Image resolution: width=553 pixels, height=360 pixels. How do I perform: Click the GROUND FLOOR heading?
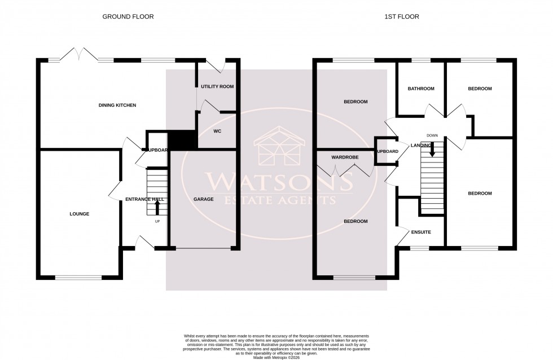[128, 17]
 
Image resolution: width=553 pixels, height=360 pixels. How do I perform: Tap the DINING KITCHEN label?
[117, 106]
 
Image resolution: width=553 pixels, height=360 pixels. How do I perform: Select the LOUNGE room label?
[80, 214]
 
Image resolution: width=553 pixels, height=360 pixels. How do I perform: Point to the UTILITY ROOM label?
[217, 86]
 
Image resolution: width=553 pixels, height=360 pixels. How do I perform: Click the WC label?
[217, 131]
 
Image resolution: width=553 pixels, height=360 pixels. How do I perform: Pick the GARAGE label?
[203, 199]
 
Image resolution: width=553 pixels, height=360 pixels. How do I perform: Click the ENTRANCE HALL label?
[144, 199]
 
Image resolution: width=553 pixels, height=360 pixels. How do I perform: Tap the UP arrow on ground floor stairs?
[157, 208]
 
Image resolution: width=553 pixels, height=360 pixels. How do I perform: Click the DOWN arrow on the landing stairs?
[432, 148]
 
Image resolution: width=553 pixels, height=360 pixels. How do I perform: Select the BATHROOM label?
[421, 89]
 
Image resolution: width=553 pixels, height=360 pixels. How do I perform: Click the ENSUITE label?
[421, 232]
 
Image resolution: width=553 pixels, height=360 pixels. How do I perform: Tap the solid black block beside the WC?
[182, 139]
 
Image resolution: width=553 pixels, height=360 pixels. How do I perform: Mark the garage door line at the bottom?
[203, 248]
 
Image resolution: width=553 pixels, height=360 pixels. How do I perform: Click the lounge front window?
[78, 277]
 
